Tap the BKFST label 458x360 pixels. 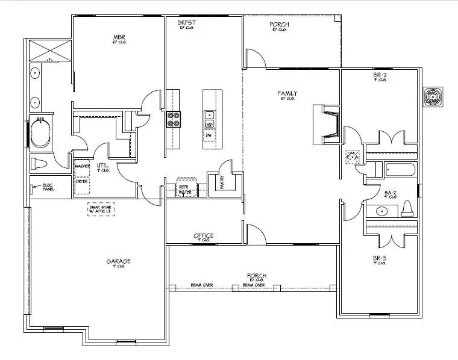pyautogui.click(x=186, y=22)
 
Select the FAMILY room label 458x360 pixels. pyautogui.click(x=287, y=93)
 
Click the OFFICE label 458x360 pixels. pyautogui.click(x=204, y=235)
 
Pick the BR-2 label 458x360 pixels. pyautogui.click(x=380, y=75)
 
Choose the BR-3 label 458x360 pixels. pyautogui.click(x=379, y=259)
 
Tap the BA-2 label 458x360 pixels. pyautogui.click(x=390, y=193)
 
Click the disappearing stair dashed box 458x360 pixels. pyautogui.click(x=101, y=209)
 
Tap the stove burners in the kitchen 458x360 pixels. pyautogui.click(x=173, y=119)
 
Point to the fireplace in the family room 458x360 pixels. pyautogui.click(x=325, y=125)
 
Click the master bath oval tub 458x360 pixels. pyautogui.click(x=42, y=133)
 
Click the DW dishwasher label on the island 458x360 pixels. pyautogui.click(x=209, y=135)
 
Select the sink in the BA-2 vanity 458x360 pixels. pyautogui.click(x=381, y=211)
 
